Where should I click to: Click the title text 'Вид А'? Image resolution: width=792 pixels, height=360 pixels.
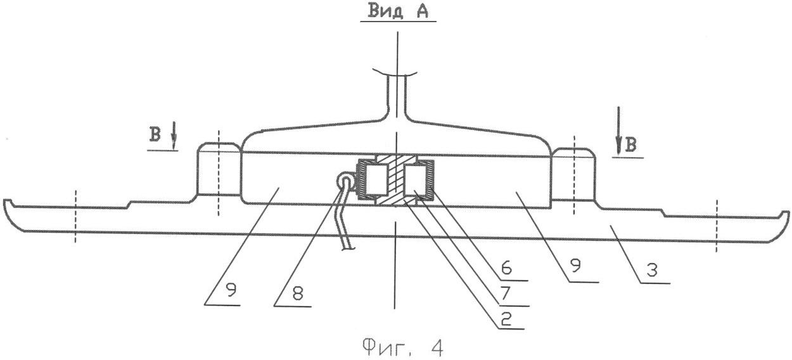click(398, 11)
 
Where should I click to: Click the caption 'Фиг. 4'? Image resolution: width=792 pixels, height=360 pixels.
click(403, 347)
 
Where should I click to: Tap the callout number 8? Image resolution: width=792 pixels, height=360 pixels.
click(297, 293)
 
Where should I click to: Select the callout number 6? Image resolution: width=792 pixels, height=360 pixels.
click(506, 269)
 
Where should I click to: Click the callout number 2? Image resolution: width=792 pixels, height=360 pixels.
click(506, 319)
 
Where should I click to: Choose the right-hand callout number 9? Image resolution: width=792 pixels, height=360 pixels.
click(575, 266)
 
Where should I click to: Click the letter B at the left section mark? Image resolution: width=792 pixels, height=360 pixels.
click(155, 135)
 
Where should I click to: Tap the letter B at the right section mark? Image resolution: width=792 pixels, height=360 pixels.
click(630, 145)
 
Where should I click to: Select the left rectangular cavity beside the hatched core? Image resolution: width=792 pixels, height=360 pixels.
click(375, 180)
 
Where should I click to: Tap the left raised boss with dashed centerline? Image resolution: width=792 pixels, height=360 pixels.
click(219, 169)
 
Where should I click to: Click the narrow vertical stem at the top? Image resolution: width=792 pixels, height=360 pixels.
click(397, 95)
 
